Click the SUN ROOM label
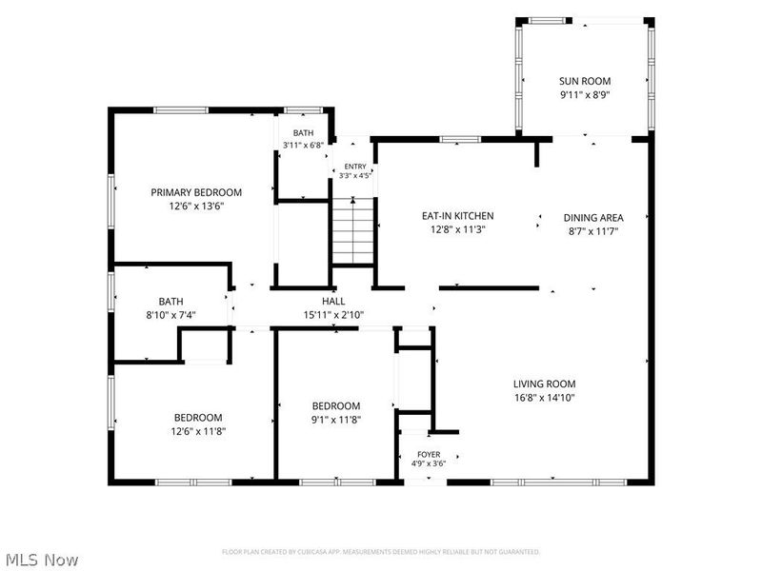(585, 81)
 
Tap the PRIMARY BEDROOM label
(196, 192)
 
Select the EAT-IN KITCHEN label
(458, 216)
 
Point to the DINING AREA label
(593, 218)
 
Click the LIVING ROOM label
(544, 384)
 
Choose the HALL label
(333, 301)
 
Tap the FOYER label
(429, 455)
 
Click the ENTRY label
(355, 167)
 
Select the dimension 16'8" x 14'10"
(544, 398)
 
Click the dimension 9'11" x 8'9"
(585, 95)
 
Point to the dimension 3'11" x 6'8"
(303, 145)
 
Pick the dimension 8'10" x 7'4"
(170, 315)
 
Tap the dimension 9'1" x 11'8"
(336, 420)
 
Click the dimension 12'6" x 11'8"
(198, 431)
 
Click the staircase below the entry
(352, 231)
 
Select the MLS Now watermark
(39, 560)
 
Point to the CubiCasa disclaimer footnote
(380, 552)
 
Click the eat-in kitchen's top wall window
(460, 139)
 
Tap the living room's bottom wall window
(559, 482)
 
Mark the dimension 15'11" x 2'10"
(333, 315)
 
